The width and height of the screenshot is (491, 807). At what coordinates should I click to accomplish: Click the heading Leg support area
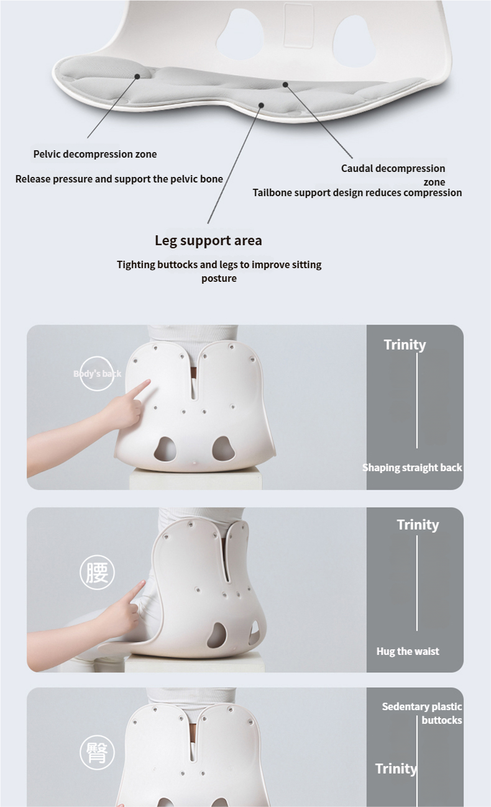pyautogui.click(x=208, y=241)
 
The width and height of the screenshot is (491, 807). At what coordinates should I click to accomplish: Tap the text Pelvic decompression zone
pyautogui.click(x=95, y=154)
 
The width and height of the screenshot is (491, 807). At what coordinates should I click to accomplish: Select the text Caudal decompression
pyautogui.click(x=393, y=168)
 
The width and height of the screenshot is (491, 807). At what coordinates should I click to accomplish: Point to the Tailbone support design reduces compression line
pyautogui.click(x=357, y=192)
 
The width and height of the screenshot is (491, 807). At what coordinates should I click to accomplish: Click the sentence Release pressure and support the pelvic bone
pyautogui.click(x=119, y=179)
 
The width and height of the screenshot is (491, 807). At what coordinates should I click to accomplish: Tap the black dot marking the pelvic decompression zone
pyautogui.click(x=137, y=76)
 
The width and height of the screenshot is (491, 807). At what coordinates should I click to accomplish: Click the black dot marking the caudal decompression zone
pyautogui.click(x=285, y=84)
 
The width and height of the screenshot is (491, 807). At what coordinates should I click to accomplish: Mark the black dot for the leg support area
pyautogui.click(x=262, y=105)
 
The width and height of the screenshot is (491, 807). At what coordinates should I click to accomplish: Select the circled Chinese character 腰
pyautogui.click(x=97, y=572)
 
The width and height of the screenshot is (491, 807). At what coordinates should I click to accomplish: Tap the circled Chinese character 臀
pyautogui.click(x=97, y=752)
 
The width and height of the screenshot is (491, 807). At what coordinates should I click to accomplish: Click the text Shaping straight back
pyautogui.click(x=412, y=467)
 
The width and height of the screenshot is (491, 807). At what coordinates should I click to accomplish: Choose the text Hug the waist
pyautogui.click(x=408, y=651)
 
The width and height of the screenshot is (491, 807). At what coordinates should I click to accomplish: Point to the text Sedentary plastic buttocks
pyautogui.click(x=422, y=713)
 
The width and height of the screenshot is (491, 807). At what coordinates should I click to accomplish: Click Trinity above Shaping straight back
pyautogui.click(x=405, y=345)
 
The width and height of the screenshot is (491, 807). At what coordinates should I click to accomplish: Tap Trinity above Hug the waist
pyautogui.click(x=418, y=525)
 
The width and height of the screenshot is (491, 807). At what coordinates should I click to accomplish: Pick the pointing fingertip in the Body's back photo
pyautogui.click(x=149, y=382)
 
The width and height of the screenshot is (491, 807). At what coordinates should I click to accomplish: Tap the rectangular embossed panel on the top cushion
pyautogui.click(x=298, y=25)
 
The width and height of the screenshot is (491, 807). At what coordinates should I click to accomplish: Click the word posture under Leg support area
pyautogui.click(x=219, y=279)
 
